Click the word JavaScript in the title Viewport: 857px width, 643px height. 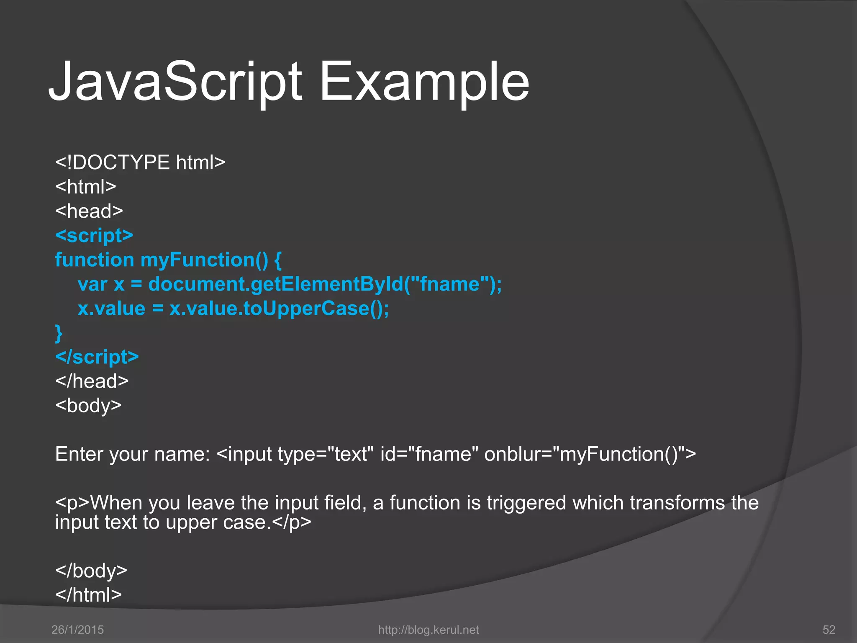coord(175,82)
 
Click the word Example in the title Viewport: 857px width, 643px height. coord(424,82)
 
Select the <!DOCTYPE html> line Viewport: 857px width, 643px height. coord(140,162)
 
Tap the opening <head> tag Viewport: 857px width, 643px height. coord(89,211)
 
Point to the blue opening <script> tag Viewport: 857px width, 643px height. coord(94,235)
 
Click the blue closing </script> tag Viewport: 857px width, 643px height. coord(97,357)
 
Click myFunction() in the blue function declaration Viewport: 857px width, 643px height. coord(204,260)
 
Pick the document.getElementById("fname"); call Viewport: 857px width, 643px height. coord(325,284)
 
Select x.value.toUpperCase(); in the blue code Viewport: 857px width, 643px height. coord(279,309)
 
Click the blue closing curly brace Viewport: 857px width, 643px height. coord(59,333)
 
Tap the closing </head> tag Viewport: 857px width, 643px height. coord(92,381)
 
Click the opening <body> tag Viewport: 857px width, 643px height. coord(88,406)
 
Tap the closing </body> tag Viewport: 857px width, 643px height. coord(91,571)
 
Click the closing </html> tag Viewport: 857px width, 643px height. coord(88,595)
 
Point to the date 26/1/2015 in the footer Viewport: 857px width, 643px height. coord(77,630)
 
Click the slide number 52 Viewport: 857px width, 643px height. coord(829,630)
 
